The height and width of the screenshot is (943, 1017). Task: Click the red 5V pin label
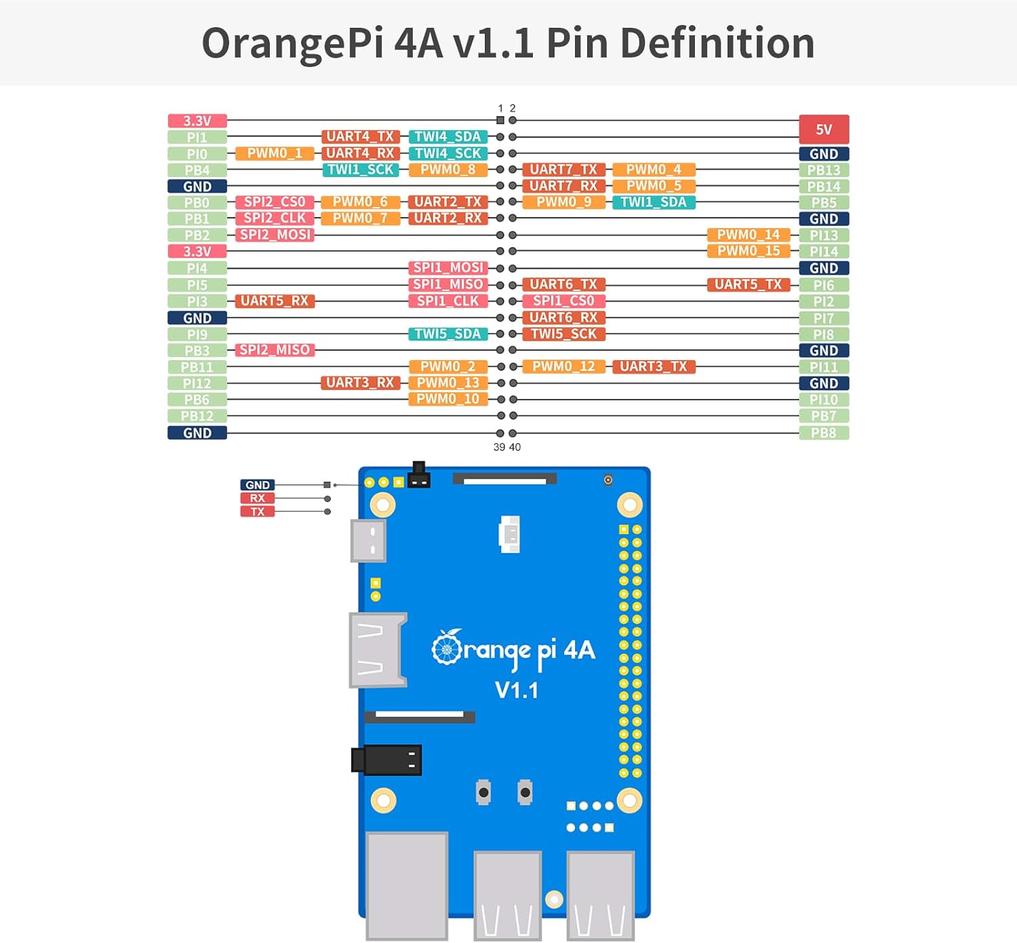pyautogui.click(x=824, y=129)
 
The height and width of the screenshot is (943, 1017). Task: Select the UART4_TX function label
pyautogui.click(x=360, y=136)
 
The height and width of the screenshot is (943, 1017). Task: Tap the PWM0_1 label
pyautogui.click(x=275, y=153)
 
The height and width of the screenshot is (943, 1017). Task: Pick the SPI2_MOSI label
pyautogui.click(x=275, y=235)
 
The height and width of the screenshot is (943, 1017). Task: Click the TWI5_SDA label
pyautogui.click(x=447, y=334)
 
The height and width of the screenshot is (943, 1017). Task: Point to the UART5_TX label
pyautogui.click(x=749, y=284)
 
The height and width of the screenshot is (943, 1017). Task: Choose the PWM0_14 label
pyautogui.click(x=749, y=235)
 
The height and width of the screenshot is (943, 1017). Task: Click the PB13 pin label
pyautogui.click(x=824, y=170)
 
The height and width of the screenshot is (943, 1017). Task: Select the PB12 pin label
pyautogui.click(x=197, y=416)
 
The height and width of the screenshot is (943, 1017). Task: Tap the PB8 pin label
pyautogui.click(x=824, y=433)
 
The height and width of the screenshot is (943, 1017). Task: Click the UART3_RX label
pyautogui.click(x=360, y=383)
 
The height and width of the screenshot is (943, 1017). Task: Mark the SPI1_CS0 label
pyautogui.click(x=563, y=301)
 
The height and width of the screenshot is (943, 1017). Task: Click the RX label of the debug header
pyautogui.click(x=258, y=498)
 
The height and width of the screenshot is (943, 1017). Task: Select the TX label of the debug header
pyautogui.click(x=258, y=512)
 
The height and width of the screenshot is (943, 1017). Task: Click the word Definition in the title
pyautogui.click(x=717, y=43)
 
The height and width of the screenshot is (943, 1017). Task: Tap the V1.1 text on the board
pyautogui.click(x=517, y=691)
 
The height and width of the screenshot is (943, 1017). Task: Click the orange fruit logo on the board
pyautogui.click(x=447, y=648)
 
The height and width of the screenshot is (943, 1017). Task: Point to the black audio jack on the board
pyautogui.click(x=386, y=759)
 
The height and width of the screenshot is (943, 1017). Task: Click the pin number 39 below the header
pyautogui.click(x=499, y=447)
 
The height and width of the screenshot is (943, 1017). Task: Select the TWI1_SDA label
pyautogui.click(x=654, y=202)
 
